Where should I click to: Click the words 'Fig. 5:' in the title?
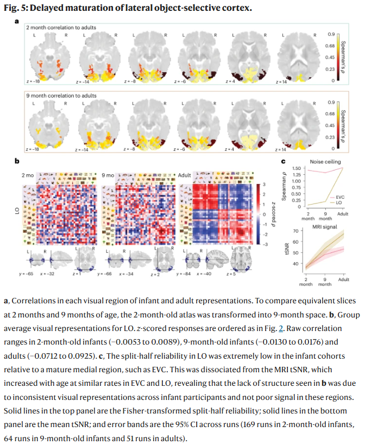pos(17,8)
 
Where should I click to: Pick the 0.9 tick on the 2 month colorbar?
pos(330,33)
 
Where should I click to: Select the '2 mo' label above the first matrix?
pos(27,176)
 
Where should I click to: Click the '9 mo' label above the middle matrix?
pos(109,176)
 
